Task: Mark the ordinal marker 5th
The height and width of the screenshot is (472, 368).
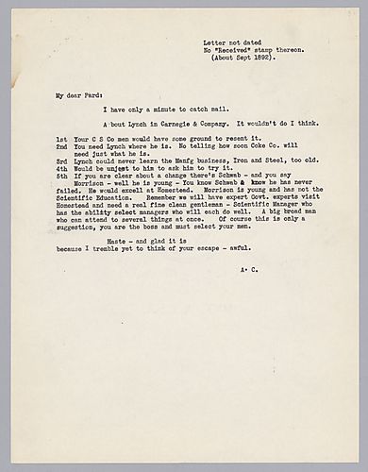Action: (x=61, y=177)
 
